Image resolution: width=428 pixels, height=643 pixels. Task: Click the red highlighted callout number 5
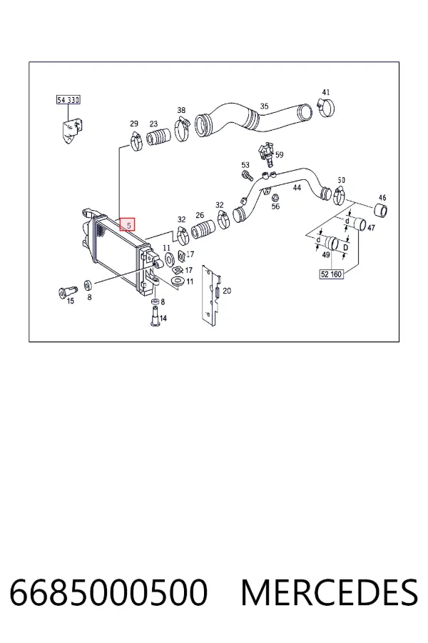coord(128,224)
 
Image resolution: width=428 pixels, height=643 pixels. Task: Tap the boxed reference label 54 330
coord(68,99)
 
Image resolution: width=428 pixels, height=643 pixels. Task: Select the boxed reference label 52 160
coord(331,274)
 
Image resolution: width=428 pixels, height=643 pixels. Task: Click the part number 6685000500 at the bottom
coord(108,592)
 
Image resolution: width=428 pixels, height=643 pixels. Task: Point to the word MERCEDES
coord(330,592)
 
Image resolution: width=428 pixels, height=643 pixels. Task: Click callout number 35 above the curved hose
coord(264,106)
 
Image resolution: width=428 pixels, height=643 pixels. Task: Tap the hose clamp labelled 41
coord(327,107)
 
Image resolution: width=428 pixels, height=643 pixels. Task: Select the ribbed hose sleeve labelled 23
coord(159,137)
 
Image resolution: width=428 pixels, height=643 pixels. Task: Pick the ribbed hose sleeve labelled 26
coord(203,229)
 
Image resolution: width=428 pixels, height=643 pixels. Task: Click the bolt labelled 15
coord(67,291)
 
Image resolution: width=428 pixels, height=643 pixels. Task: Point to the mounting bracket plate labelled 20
coord(211,295)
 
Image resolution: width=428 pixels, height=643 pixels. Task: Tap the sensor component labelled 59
coord(266,155)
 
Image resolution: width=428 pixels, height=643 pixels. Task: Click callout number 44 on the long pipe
coord(297,188)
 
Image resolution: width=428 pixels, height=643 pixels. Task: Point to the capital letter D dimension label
coord(346,248)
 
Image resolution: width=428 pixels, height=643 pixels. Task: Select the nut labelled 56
coord(275,197)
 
